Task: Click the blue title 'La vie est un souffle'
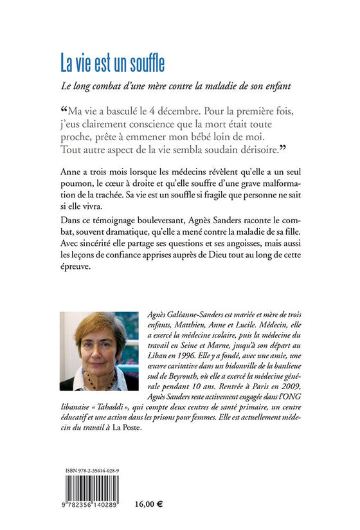pyautogui.click(x=113, y=63)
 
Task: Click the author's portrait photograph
pyautogui.click(x=99, y=351)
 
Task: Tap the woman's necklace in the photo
pyautogui.click(x=96, y=378)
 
